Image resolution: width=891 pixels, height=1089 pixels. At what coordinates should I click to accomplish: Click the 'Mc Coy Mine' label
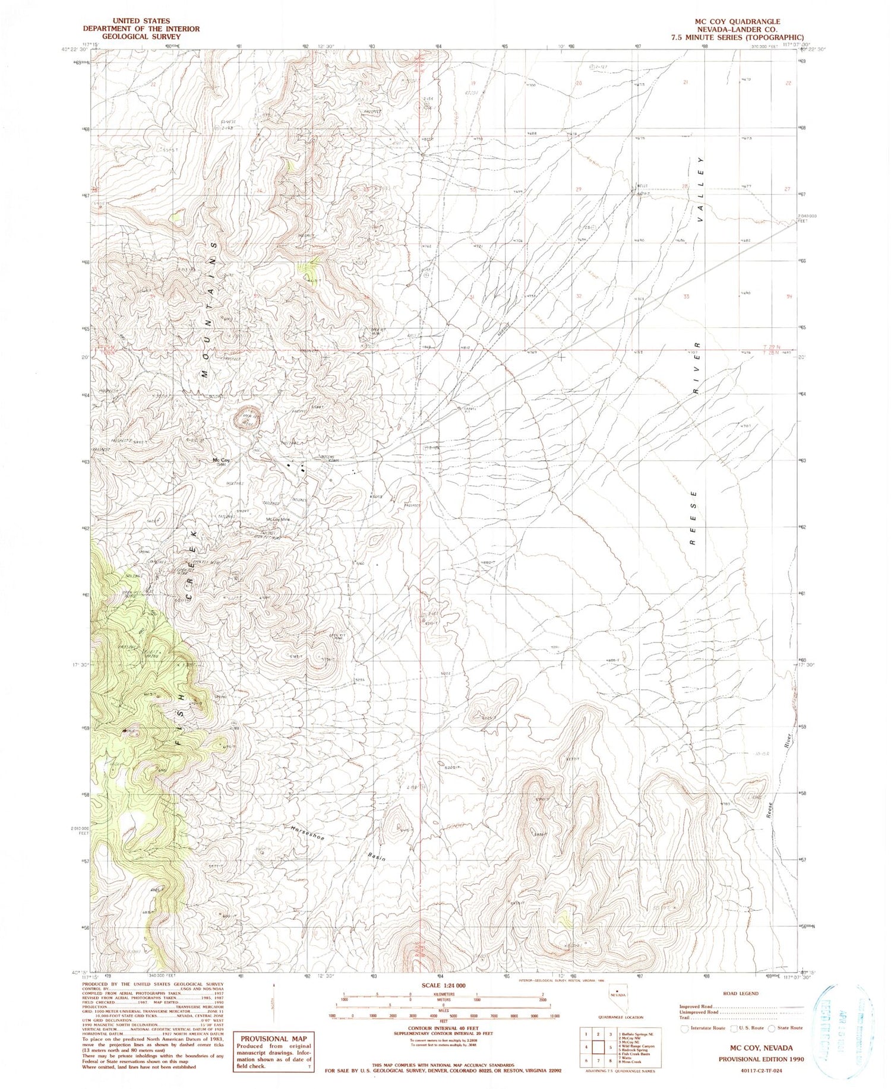click(277, 520)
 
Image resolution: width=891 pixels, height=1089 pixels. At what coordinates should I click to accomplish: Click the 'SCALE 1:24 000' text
click(444, 985)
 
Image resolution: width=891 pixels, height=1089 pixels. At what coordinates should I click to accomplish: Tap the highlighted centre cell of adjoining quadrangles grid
click(600, 1047)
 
